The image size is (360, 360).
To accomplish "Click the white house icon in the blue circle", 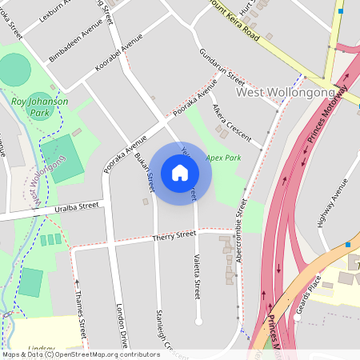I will [180, 172].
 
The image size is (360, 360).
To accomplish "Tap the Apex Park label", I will [223, 158].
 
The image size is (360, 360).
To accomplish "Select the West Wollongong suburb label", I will [286, 94].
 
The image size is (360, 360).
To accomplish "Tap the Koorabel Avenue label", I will [118, 53].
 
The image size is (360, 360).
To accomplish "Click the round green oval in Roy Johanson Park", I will [15, 70].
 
